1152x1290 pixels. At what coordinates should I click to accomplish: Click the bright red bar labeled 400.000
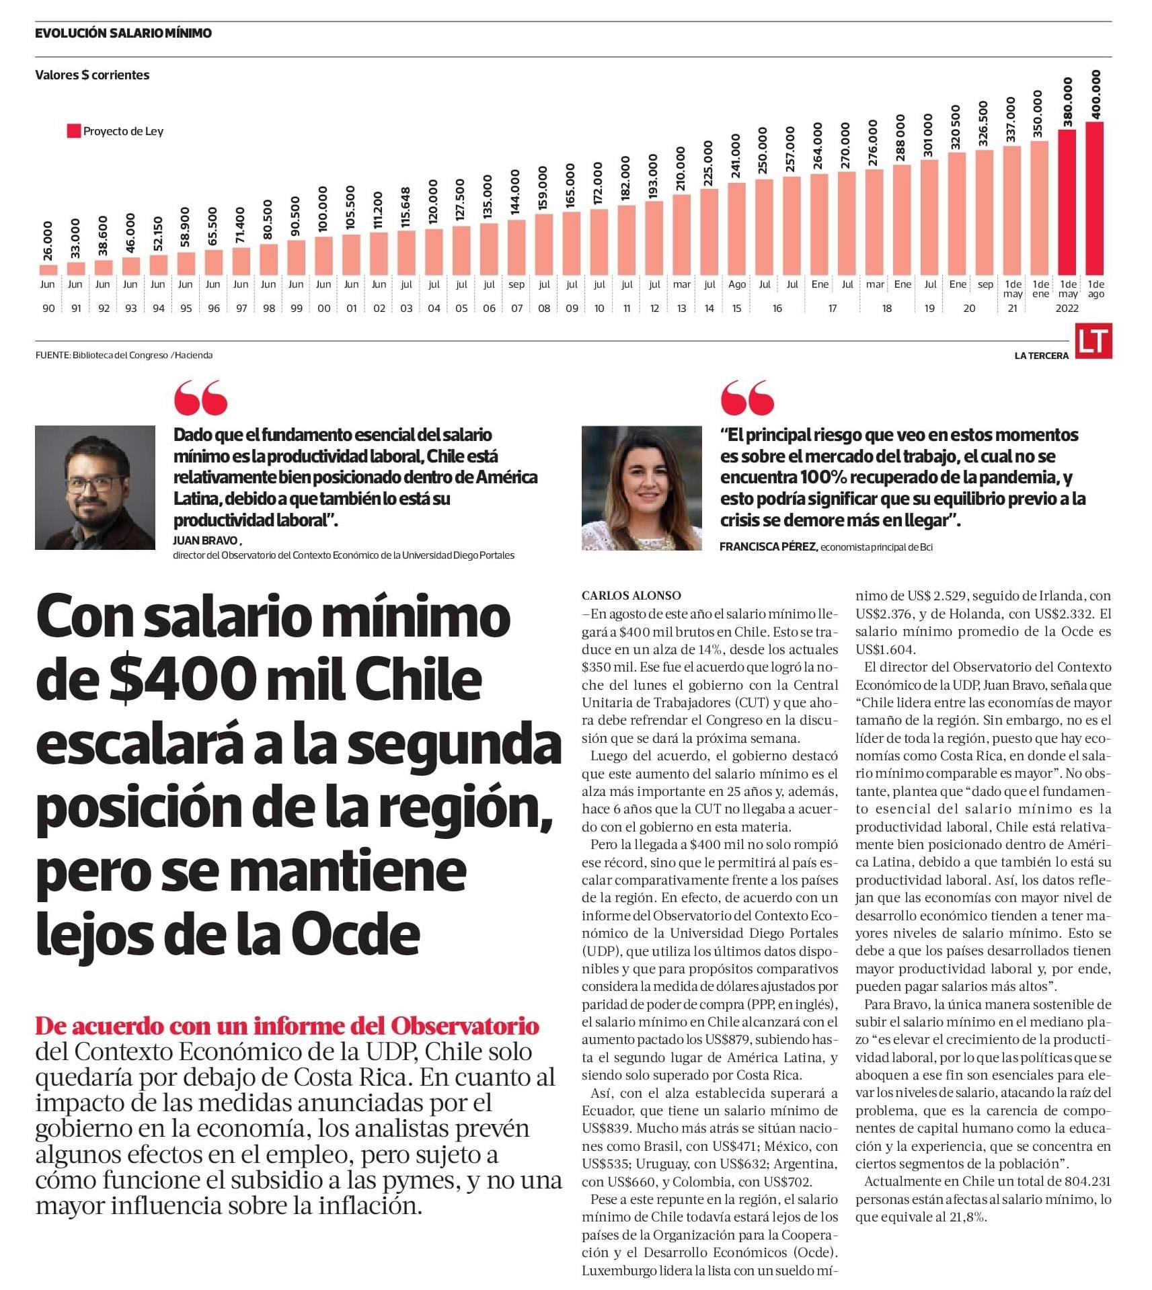(x=1094, y=198)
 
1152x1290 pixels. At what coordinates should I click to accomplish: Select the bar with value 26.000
(x=48, y=270)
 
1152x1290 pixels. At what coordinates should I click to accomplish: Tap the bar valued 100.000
(x=323, y=255)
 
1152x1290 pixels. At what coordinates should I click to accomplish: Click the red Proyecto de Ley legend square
(x=74, y=131)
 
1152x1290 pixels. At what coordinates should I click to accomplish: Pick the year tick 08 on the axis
(x=544, y=309)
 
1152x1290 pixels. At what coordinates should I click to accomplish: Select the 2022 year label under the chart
(x=1067, y=309)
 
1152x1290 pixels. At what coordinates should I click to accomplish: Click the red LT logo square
(x=1093, y=341)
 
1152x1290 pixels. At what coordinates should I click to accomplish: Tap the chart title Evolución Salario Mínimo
(x=123, y=33)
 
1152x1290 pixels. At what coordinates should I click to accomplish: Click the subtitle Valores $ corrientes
(x=92, y=75)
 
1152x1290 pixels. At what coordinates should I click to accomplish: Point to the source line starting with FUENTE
(x=124, y=355)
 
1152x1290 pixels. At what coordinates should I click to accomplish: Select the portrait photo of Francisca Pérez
(x=642, y=487)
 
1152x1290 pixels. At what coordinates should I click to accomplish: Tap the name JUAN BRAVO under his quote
(x=205, y=540)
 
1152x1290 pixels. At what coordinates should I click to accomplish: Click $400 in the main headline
(x=181, y=680)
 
